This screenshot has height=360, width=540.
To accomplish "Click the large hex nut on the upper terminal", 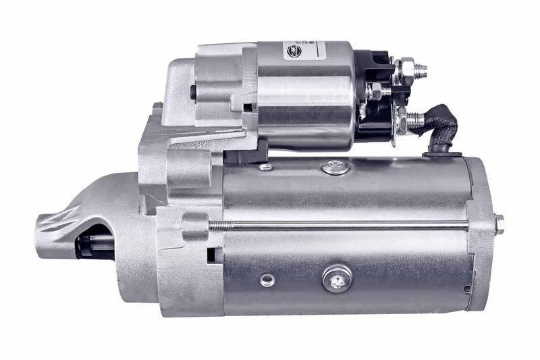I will pos(406,69).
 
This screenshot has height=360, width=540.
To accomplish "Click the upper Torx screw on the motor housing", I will pos(335,166).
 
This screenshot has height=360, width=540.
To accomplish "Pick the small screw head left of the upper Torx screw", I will pos(267,166).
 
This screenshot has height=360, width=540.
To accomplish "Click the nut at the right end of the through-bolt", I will pos(499,224).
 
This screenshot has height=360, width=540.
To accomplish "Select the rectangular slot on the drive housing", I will pos(211,255).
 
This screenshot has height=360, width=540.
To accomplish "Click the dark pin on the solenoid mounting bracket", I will pos(193,91).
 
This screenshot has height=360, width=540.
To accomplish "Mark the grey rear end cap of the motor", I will pos(481,233).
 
